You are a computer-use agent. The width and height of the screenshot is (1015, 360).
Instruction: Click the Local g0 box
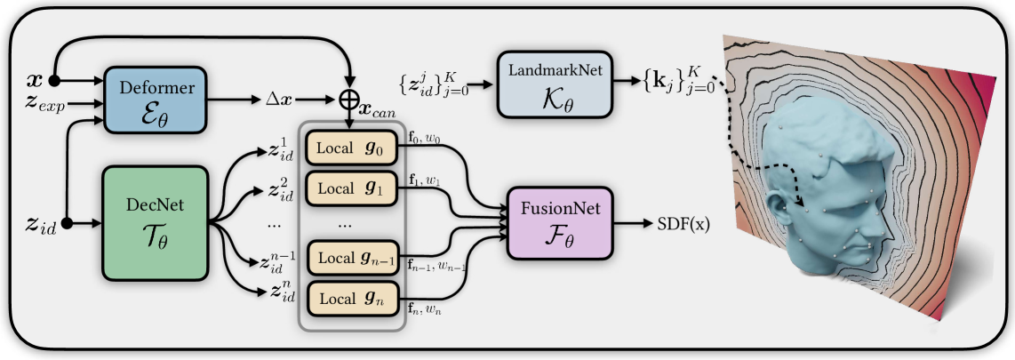[352, 147]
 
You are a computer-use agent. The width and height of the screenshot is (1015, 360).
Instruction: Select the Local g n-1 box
[352, 258]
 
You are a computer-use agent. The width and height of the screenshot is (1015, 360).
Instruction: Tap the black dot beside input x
[55, 79]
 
